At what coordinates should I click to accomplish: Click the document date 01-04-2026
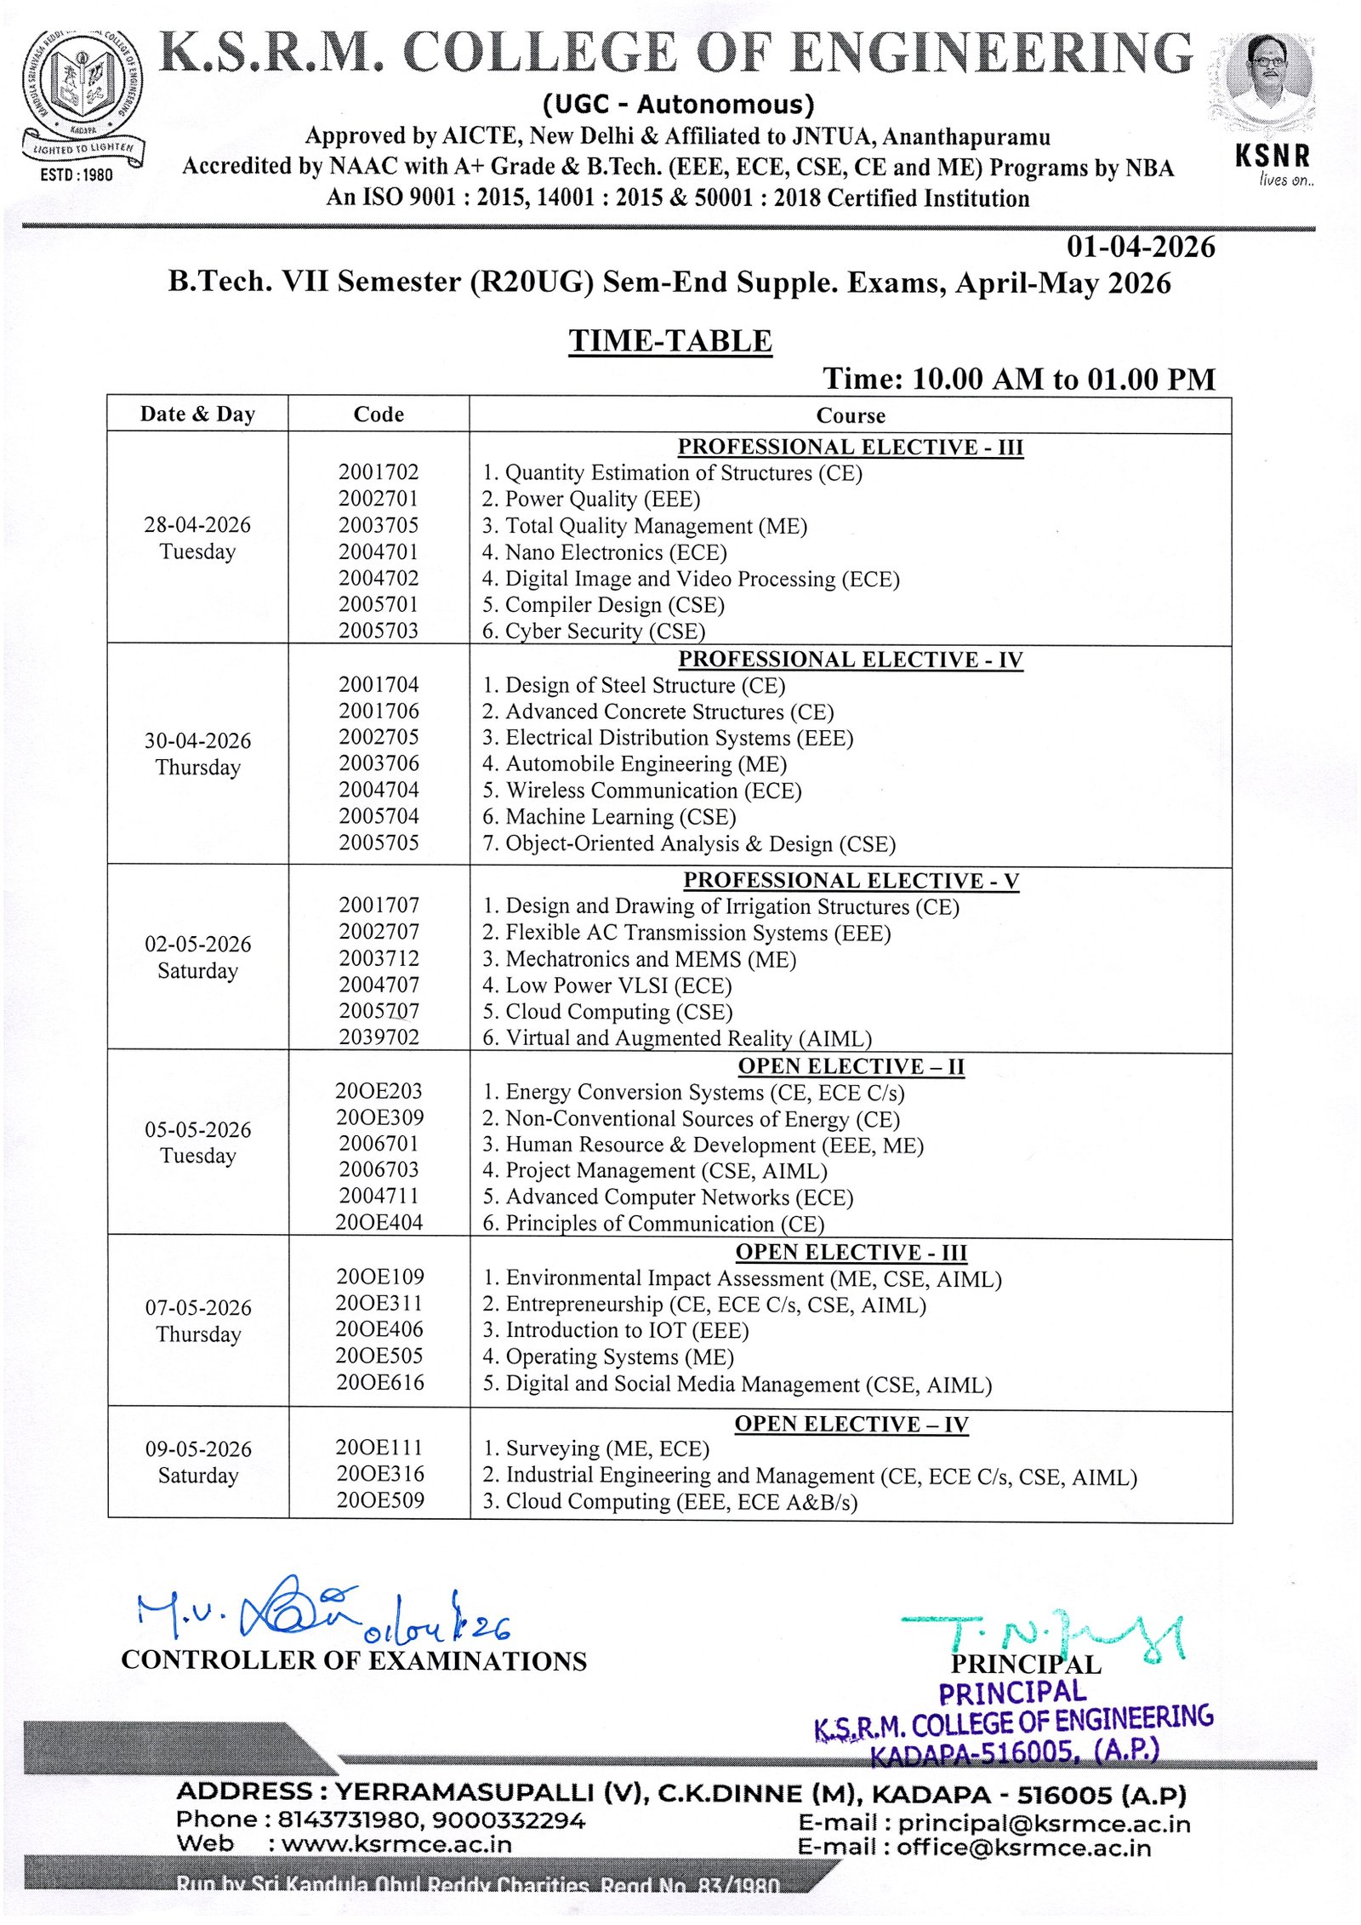point(1140,247)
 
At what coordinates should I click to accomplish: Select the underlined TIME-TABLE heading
point(670,340)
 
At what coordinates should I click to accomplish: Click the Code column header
point(379,414)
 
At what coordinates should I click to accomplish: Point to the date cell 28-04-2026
point(197,524)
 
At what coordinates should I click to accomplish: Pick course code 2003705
point(379,525)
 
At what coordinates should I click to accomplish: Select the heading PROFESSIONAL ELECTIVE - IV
point(850,660)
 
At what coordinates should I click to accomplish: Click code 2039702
point(379,1037)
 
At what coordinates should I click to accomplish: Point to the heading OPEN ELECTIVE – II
point(851,1066)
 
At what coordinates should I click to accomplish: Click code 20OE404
point(379,1223)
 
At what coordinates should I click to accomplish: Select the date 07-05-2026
point(198,1307)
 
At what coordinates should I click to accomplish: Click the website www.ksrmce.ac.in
point(396,1844)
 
